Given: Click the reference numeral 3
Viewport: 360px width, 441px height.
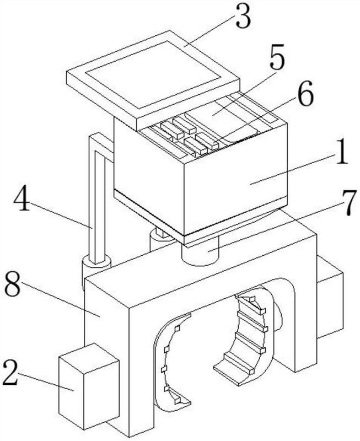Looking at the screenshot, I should tap(243, 19).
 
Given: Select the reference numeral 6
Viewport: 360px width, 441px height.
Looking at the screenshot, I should tap(305, 96).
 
